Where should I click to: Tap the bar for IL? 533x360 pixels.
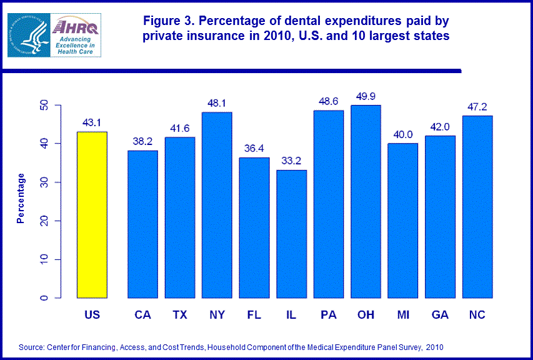pos(292,234)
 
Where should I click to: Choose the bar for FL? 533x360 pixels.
pos(254,227)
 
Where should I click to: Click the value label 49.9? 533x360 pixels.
pos(366,96)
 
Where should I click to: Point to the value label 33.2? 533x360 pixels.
pos(292,160)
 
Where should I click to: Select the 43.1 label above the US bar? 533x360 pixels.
pos(92,122)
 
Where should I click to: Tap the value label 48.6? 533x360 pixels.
pos(329,100)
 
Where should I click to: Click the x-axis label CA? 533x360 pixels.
pos(142,314)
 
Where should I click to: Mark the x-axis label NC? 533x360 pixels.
pos(477,314)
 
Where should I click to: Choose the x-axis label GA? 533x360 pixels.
pos(440,314)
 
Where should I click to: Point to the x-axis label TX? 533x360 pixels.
pos(180,314)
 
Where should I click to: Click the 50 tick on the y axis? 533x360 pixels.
pos(44,105)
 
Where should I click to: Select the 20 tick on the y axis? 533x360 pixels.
pos(44,221)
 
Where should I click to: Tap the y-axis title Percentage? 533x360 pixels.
pos(21,198)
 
